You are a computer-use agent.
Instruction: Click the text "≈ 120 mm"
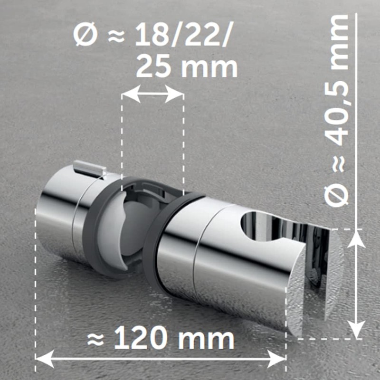click(161, 339)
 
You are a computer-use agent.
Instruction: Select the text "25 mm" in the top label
click(187, 67)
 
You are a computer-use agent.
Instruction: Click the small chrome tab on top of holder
click(90, 167)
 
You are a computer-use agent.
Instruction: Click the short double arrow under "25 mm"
click(153, 94)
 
